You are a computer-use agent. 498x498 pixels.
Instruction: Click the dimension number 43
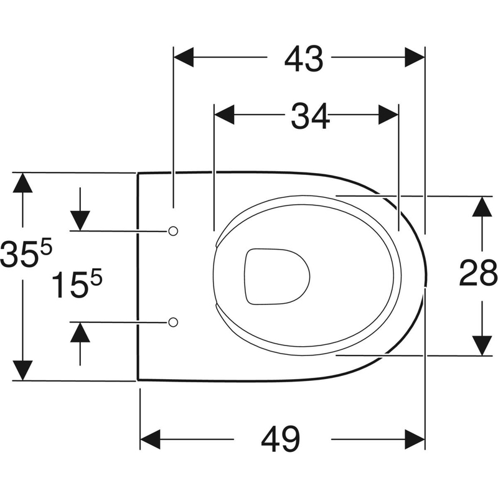(305, 60)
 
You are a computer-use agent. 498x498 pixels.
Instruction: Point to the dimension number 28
(478, 274)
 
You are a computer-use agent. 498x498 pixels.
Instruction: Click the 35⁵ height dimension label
(25, 255)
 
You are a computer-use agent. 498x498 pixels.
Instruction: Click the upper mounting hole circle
(174, 231)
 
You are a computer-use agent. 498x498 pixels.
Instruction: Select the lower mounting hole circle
(174, 322)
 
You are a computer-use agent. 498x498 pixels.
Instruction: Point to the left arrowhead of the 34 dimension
(225, 115)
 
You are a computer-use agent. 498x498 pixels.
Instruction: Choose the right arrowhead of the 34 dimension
(387, 115)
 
